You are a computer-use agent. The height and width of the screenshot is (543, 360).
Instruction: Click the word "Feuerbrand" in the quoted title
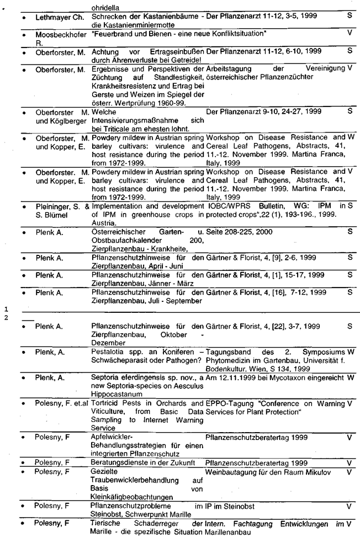113,34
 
